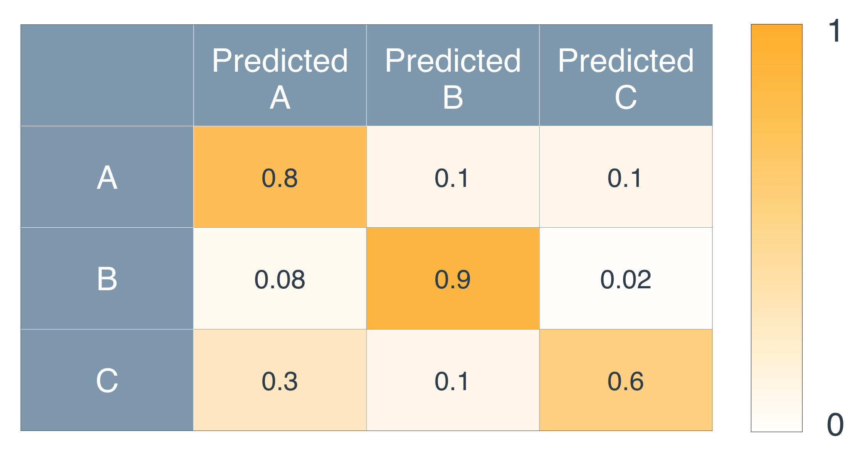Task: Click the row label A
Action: coord(107,177)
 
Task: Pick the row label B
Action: coord(107,279)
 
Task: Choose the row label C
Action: coord(107,380)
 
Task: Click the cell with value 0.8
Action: coord(280,177)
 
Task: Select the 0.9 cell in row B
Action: coord(453,279)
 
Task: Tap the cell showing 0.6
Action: coord(626,380)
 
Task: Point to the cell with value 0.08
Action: coord(280,279)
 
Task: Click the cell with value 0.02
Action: coord(626,279)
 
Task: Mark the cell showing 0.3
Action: coord(280,380)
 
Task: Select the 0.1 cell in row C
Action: coord(453,380)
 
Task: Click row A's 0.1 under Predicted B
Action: coord(453,177)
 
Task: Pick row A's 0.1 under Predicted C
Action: coord(626,177)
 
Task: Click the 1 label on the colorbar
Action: coord(835,31)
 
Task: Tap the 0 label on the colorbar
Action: coord(835,424)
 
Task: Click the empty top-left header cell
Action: coord(107,76)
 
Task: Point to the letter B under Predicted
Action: coord(453,98)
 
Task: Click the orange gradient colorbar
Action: coord(777,228)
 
